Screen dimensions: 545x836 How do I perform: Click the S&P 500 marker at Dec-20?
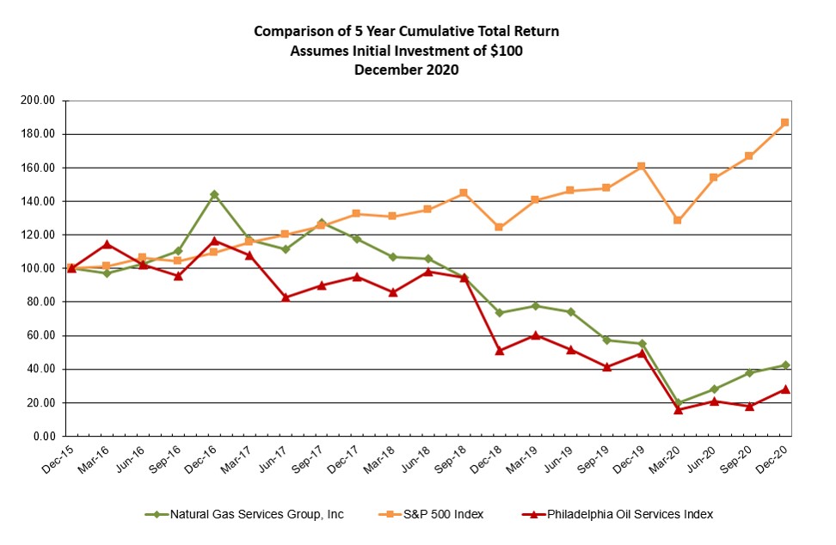pos(784,123)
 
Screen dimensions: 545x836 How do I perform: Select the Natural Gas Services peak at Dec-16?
pos(214,194)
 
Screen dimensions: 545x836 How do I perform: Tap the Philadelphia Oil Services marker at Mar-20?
pos(678,409)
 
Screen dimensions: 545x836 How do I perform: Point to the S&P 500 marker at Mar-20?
pos(678,220)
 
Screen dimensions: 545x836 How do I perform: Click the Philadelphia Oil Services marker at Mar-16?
pos(107,244)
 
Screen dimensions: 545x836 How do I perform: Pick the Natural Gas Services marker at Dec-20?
pos(784,365)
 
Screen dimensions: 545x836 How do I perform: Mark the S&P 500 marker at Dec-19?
pos(642,166)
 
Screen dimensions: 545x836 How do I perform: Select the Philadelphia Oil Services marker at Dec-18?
pos(500,351)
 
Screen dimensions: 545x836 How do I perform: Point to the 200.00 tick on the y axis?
pos(38,101)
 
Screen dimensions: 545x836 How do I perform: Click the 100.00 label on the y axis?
pos(38,268)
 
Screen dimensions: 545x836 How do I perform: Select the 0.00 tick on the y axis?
pos(43,437)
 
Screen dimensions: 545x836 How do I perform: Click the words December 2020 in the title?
pos(406,70)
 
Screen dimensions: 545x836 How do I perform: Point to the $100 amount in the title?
pos(505,51)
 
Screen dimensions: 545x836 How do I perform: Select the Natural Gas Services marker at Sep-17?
pos(321,224)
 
